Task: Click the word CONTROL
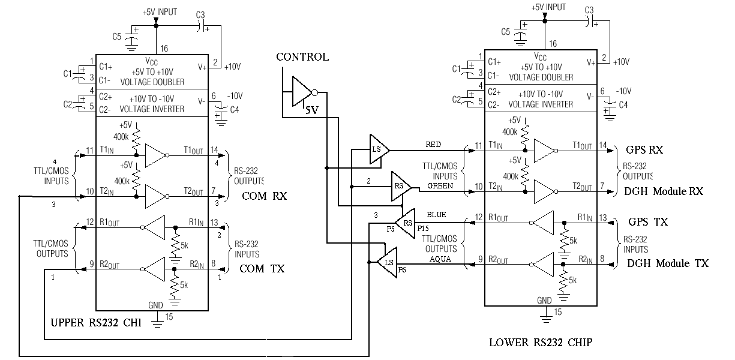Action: pyautogui.click(x=302, y=57)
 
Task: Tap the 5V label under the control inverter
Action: pyautogui.click(x=312, y=110)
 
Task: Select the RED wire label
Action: pyautogui.click(x=433, y=145)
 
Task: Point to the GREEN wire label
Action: pyautogui.click(x=440, y=186)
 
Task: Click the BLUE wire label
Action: pyautogui.click(x=436, y=215)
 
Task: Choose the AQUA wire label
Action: pyautogui.click(x=440, y=259)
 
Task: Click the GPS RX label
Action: pyautogui.click(x=644, y=150)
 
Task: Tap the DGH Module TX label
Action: pyautogui.click(x=668, y=263)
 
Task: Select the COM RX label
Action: pyautogui.click(x=264, y=196)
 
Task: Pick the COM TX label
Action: pyautogui.click(x=262, y=269)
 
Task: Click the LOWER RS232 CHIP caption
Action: pyautogui.click(x=541, y=343)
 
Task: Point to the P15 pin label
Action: pyautogui.click(x=423, y=229)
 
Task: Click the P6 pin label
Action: pyautogui.click(x=402, y=270)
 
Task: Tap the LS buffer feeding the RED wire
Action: pyautogui.click(x=379, y=149)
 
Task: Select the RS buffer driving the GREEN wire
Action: pyautogui.click(x=401, y=186)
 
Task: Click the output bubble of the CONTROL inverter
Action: pyautogui.click(x=314, y=93)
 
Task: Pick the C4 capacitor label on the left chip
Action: pyautogui.click(x=234, y=110)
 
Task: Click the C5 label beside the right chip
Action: pyautogui.click(x=506, y=32)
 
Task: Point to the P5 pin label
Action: pyautogui.click(x=391, y=229)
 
